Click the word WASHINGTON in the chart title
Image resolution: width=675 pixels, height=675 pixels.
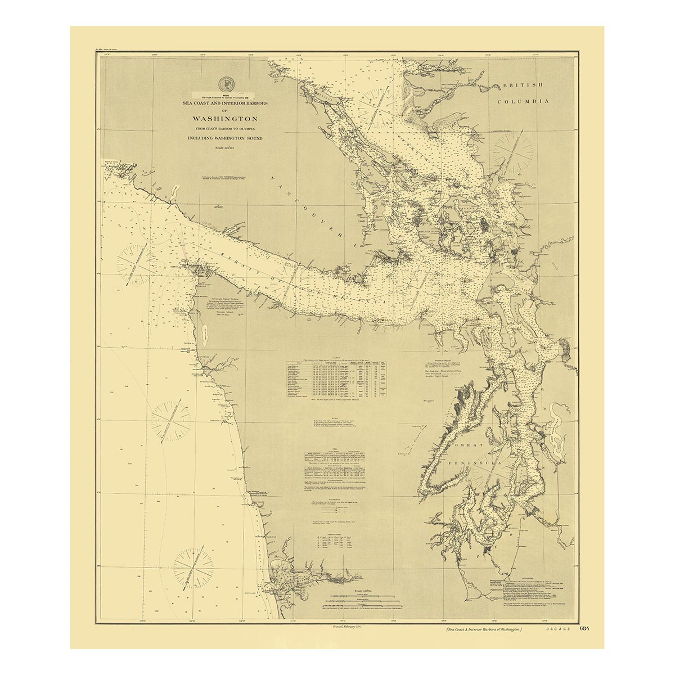pyautogui.click(x=225, y=119)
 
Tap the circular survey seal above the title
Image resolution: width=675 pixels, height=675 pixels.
pyautogui.click(x=225, y=83)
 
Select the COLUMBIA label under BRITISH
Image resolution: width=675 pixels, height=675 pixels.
pyautogui.click(x=526, y=101)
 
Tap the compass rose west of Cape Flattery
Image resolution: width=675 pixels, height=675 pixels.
pyautogui.click(x=134, y=263)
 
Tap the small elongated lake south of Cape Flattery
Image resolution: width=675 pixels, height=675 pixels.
pyautogui.click(x=205, y=337)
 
